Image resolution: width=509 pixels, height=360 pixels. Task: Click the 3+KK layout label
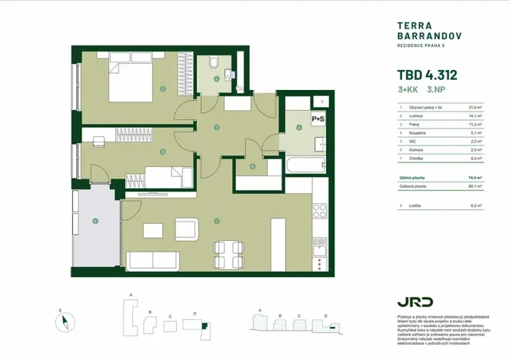click(x=409, y=91)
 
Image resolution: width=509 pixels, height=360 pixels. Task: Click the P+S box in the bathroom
click(x=317, y=119)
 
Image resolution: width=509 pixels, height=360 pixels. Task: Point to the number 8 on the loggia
click(x=95, y=223)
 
